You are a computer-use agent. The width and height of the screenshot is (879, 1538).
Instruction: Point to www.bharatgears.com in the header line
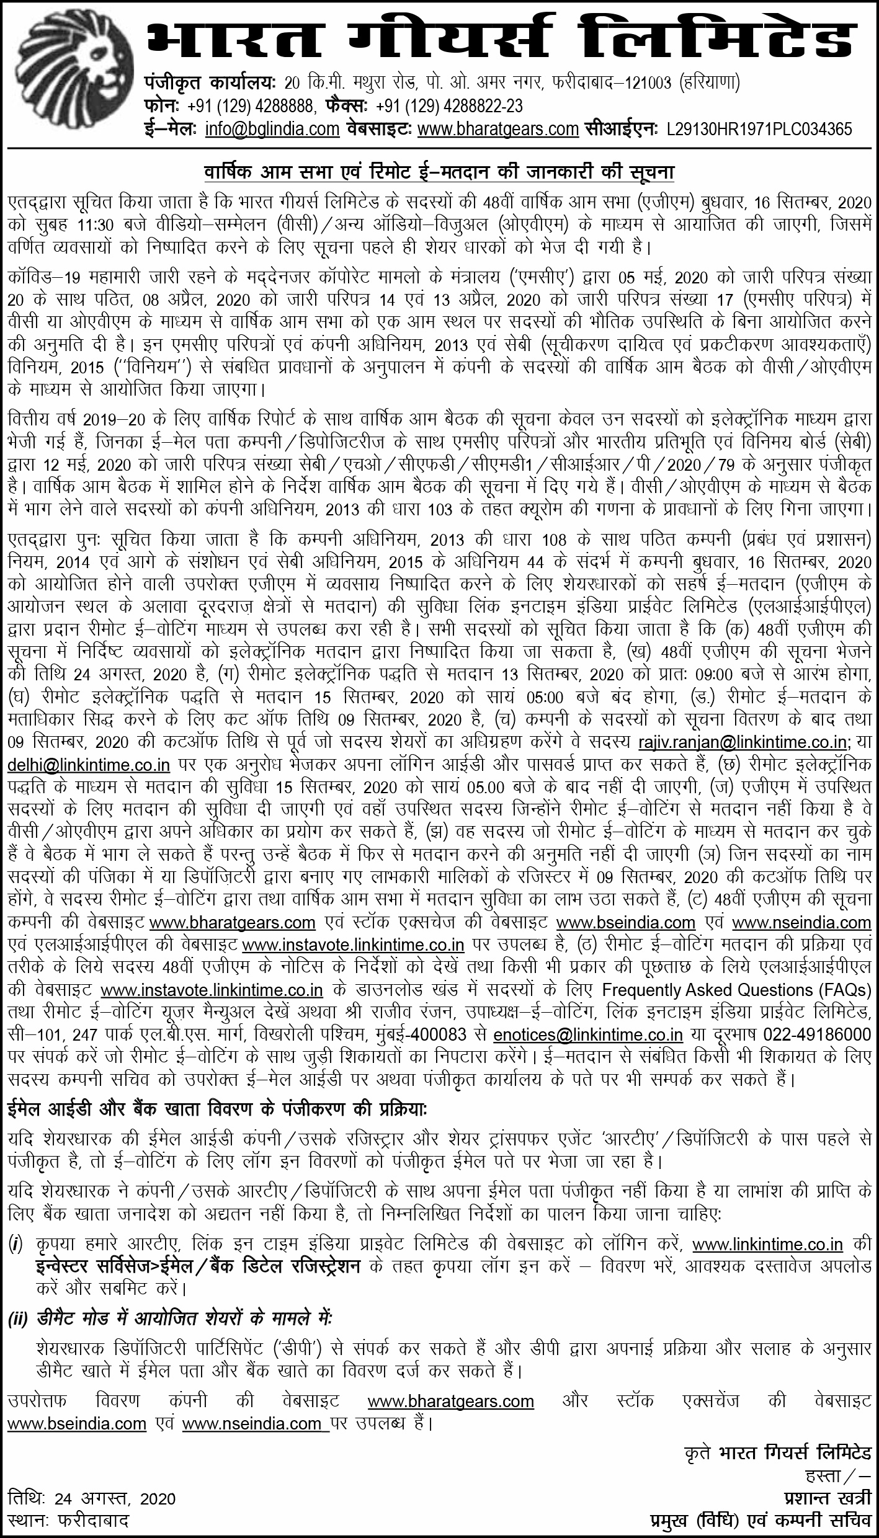click(498, 129)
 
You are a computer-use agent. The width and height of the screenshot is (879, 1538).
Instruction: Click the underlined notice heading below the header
click(439, 171)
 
